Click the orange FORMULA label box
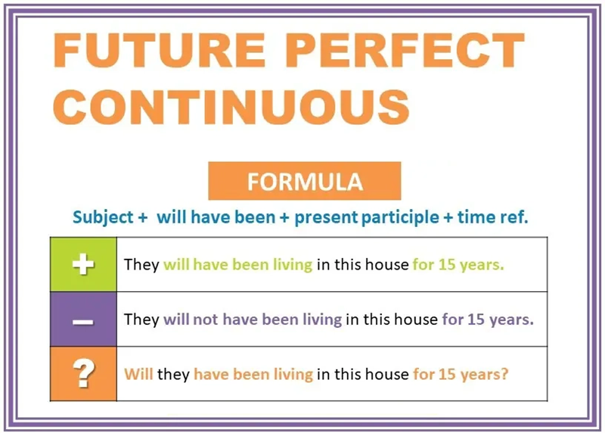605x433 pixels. click(x=304, y=182)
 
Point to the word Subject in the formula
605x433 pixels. click(x=104, y=217)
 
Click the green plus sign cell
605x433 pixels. click(x=83, y=265)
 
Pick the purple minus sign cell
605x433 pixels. click(x=83, y=319)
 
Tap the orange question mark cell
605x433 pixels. click(x=83, y=373)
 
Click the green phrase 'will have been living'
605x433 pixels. click(x=237, y=265)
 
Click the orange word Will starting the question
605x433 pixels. click(x=138, y=374)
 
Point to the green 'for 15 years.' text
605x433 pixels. click(x=459, y=265)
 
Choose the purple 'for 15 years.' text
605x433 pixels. click(x=488, y=319)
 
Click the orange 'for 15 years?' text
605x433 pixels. click(x=460, y=374)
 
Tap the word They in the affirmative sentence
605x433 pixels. click(x=141, y=265)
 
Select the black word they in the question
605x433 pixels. click(x=173, y=374)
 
